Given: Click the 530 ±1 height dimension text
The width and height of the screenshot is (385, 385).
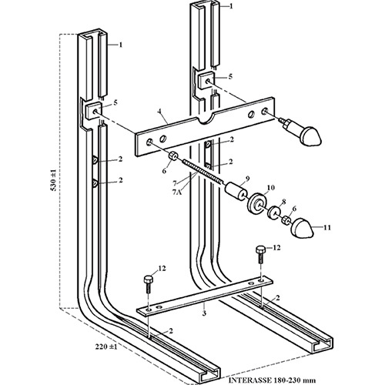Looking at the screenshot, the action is click(x=53, y=182).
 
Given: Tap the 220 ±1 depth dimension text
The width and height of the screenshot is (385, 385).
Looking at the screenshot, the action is click(x=106, y=346).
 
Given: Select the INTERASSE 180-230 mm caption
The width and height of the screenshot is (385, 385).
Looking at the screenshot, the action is click(x=272, y=380).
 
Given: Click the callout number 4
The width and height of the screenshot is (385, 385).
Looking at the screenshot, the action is click(x=159, y=112).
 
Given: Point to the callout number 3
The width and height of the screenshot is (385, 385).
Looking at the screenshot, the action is click(x=204, y=313).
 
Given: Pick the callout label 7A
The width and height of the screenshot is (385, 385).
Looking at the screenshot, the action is click(x=177, y=192).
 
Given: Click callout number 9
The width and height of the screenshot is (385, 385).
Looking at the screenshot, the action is click(x=247, y=178).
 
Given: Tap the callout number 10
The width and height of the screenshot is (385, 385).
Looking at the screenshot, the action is click(x=271, y=188).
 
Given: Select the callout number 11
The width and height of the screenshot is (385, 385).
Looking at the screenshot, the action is click(x=327, y=227).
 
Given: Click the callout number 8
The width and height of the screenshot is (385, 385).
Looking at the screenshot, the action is click(x=283, y=202).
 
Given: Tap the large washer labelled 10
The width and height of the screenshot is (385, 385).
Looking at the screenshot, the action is click(x=256, y=203).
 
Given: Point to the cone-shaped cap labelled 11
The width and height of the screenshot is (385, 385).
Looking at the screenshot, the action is click(x=303, y=228).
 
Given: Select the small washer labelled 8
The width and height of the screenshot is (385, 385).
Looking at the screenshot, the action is click(x=273, y=212).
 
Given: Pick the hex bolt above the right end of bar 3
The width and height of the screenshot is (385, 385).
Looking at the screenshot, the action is click(x=260, y=255).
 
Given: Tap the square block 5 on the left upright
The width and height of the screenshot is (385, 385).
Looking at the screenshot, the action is click(x=93, y=111).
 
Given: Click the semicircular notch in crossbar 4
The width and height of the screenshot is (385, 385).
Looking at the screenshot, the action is click(x=205, y=119).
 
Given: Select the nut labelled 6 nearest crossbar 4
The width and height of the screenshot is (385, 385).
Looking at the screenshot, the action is click(x=173, y=156).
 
